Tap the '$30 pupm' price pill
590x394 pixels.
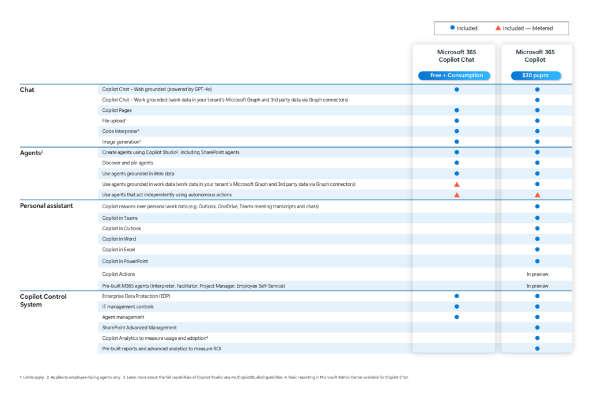click(x=536, y=76)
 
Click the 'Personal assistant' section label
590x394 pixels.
click(x=47, y=206)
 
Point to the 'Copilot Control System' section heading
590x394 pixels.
click(x=43, y=301)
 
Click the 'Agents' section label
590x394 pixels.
click(x=31, y=153)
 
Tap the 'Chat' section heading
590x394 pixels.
click(x=27, y=89)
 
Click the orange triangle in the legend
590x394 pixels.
click(x=498, y=28)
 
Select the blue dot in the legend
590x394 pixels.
click(x=452, y=28)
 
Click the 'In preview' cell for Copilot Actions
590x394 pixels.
click(x=537, y=274)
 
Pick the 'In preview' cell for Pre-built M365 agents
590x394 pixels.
click(x=537, y=286)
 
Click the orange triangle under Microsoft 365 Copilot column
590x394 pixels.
click(x=537, y=195)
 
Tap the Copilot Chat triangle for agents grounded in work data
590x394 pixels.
click(x=456, y=184)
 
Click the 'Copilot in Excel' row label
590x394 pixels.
click(x=118, y=249)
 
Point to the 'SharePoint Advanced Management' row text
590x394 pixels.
click(x=139, y=328)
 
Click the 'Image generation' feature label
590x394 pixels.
click(x=122, y=142)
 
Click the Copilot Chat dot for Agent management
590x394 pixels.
click(x=456, y=317)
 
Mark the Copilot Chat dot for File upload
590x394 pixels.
click(x=456, y=121)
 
